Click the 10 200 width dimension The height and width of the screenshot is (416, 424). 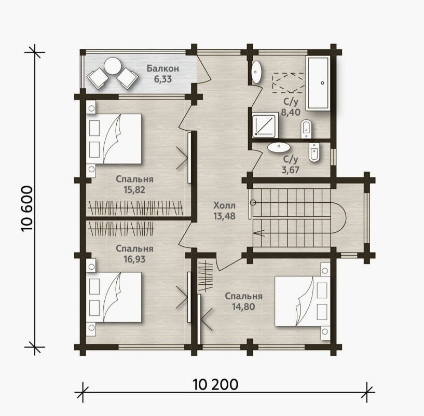tap(216, 384)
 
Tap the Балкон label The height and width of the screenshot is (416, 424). tap(163, 68)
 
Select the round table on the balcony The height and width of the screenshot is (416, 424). tap(113, 66)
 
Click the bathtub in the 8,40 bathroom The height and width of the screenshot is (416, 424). tap(318, 84)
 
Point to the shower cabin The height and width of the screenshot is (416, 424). tap(265, 125)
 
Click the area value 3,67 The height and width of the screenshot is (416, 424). tap(291, 170)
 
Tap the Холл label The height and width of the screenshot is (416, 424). tap(224, 205)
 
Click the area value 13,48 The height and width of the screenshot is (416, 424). tap(224, 216)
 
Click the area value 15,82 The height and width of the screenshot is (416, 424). tap(134, 190)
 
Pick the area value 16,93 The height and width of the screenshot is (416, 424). tap(134, 259)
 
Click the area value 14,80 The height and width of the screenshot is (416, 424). tap(243, 307)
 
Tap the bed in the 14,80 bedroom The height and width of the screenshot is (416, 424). tap(303, 301)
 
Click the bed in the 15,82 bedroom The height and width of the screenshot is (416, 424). tap(114, 138)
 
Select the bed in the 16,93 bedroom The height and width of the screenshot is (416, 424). tap(114, 297)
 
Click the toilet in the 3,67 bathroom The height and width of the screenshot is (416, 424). tap(314, 152)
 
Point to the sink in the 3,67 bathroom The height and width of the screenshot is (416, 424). tap(279, 147)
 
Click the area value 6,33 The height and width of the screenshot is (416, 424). tap(163, 79)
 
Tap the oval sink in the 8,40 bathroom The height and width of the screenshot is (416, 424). tap(256, 72)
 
